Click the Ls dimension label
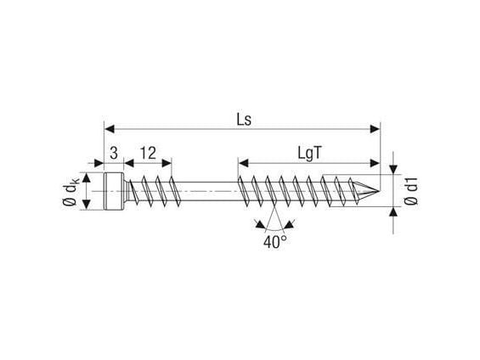pos(244,120)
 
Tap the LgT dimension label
pos(310,153)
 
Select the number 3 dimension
pos(114,153)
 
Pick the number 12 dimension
pos(148,153)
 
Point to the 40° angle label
pos(275,242)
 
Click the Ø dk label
pos(71,191)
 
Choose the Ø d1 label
pos(410,191)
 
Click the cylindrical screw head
pos(114,191)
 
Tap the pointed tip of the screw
pos(380,192)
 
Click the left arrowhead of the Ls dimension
pos(110,129)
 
